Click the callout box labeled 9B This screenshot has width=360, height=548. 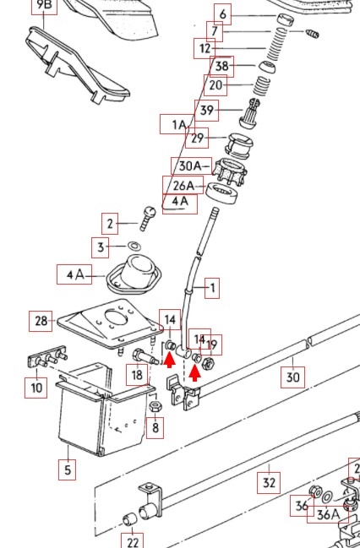[x=44, y=6]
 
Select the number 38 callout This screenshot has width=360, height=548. [x=221, y=67]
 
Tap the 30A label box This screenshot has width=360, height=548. [x=191, y=166]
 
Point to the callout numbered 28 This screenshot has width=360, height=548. [x=41, y=321]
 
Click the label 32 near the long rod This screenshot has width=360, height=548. [x=269, y=483]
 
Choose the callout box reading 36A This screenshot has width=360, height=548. [x=328, y=514]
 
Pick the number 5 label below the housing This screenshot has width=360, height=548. [x=68, y=469]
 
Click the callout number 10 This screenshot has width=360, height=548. [x=36, y=388]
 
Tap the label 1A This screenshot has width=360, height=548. [x=178, y=124]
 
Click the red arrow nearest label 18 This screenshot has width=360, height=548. [x=170, y=361]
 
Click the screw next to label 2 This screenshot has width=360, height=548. [x=147, y=219]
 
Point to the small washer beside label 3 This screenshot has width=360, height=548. [x=134, y=246]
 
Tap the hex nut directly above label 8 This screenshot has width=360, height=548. [x=155, y=406]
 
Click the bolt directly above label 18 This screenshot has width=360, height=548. [x=145, y=357]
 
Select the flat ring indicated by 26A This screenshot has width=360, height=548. [x=221, y=192]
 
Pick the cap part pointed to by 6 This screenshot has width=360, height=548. [x=285, y=19]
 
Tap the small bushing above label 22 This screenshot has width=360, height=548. [x=130, y=520]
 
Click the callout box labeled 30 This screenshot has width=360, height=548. [x=293, y=377]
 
